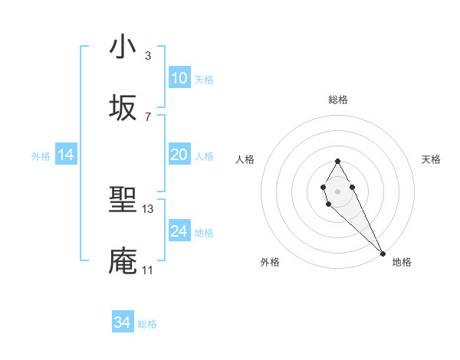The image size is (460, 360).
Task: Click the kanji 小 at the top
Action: coord(123,47)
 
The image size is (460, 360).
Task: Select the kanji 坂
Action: coord(123,108)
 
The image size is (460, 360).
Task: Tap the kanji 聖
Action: coord(123,201)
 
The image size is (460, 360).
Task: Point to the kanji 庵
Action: coord(123,261)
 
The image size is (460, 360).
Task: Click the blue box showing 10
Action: coord(179,78)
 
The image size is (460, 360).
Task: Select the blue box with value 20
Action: coord(179,155)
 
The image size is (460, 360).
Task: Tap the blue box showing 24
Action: coord(179,231)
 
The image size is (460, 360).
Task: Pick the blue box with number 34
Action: coord(123,323)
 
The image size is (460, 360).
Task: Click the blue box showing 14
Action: coord(66,155)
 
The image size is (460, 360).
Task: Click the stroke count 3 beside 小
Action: coord(147,55)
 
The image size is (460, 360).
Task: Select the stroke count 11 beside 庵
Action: coord(147,270)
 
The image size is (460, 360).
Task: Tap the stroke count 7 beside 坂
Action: coord(147,116)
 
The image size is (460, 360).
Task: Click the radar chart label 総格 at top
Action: coord(337,100)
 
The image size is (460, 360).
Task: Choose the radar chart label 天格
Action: coord(431,159)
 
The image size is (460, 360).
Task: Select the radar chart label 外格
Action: coord(270,262)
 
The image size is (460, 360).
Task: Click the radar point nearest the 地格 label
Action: coord(383,252)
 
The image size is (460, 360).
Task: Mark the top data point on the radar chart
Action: coord(337,161)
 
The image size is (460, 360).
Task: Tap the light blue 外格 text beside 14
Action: coord(40,155)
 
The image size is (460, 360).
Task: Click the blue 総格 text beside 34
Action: coord(147,324)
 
